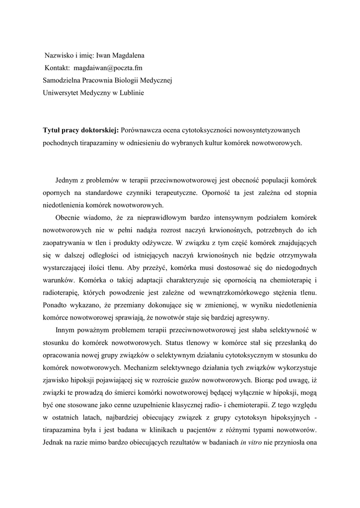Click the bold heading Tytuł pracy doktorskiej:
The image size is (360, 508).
coord(80,130)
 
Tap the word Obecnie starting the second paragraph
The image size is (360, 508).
coord(69,218)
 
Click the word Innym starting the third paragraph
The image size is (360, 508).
coord(67,329)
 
